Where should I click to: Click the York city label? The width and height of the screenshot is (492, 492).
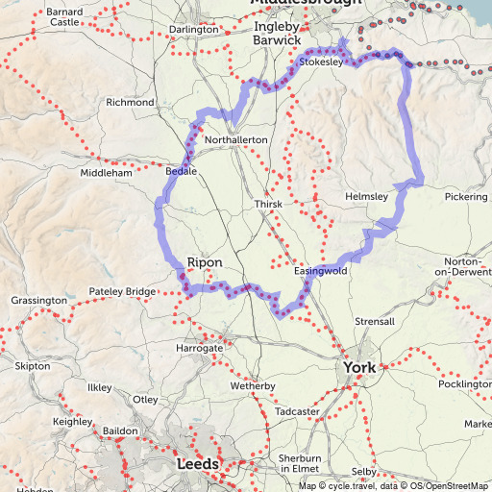(361, 367)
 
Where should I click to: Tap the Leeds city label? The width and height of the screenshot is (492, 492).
(199, 464)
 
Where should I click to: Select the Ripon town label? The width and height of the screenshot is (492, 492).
(205, 261)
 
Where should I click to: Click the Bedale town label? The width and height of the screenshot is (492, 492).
(181, 170)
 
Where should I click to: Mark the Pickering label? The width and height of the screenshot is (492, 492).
(467, 196)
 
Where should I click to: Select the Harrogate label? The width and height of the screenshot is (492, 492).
(199, 346)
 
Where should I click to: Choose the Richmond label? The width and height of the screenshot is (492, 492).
(130, 102)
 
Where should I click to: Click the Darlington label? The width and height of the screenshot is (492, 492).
(193, 30)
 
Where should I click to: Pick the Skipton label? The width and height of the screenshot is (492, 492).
(33, 366)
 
